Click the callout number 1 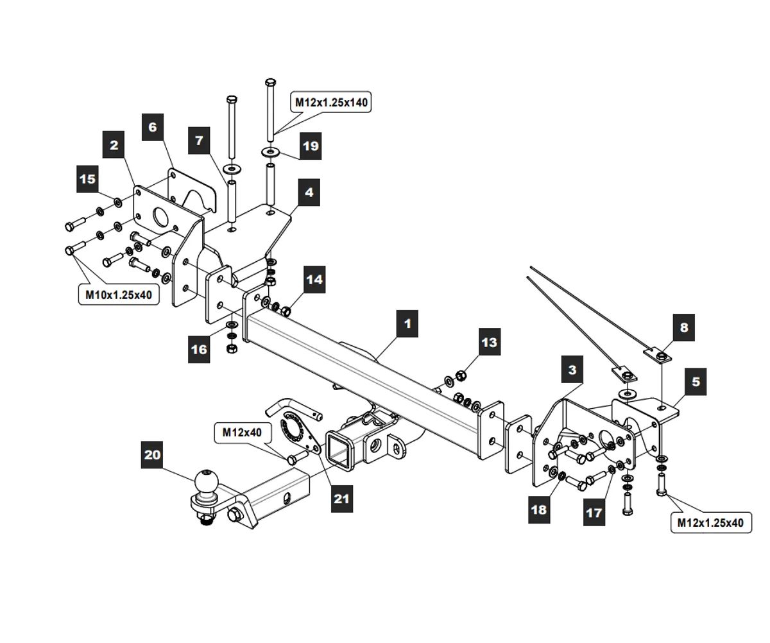(407, 323)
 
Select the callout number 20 (153, 455)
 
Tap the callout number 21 (342, 498)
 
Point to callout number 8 (683, 328)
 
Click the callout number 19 (310, 146)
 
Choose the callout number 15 (87, 179)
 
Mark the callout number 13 (489, 342)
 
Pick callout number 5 (696, 382)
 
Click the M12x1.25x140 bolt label (332, 101)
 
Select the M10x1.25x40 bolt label (119, 295)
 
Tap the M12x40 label (243, 433)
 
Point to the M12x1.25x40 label (710, 522)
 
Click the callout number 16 (199, 349)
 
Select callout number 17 (594, 513)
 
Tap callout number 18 (539, 509)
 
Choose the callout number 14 (314, 279)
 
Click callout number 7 (199, 140)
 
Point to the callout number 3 (572, 370)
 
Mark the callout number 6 (152, 126)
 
